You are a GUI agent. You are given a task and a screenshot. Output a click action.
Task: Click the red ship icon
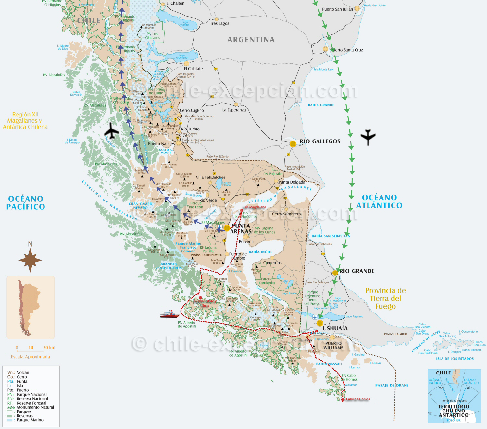tap(170, 314)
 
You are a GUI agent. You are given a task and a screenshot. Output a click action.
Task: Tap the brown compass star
tap(30, 260)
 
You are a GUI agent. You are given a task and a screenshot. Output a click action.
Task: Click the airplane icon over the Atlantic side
tap(368, 137)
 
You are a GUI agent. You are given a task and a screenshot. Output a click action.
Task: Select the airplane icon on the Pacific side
tap(112, 131)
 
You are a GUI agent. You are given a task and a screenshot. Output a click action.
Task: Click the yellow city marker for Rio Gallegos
tap(293, 144)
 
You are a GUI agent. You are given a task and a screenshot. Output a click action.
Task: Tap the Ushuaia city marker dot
tap(320, 323)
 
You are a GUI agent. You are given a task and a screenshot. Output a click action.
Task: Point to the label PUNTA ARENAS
tap(241, 228)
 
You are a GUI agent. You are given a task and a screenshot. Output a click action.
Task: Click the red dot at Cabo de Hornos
tap(343, 400)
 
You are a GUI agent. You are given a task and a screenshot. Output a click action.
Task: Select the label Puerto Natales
tap(161, 144)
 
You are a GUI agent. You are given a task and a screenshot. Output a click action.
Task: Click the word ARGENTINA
tap(251, 40)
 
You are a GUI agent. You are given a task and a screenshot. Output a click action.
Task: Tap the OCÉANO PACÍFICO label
tap(26, 202)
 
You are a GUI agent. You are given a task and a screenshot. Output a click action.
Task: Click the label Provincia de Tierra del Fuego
tap(385, 298)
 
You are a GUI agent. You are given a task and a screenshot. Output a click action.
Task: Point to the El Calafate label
tap(193, 69)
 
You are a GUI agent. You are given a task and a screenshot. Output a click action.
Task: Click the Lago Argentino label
tap(181, 56)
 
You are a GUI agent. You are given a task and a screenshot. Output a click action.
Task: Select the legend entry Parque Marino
tap(30, 420)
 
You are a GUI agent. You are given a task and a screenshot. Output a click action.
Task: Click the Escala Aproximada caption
tap(31, 357)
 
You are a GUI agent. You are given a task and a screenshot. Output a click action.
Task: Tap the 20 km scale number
tap(49, 348)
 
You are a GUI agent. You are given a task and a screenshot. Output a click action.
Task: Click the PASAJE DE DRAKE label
tap(392, 386)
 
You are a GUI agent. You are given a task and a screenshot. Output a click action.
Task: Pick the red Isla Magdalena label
tap(255, 207)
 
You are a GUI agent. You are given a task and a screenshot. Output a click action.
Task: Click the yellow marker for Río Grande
tap(335, 273)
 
